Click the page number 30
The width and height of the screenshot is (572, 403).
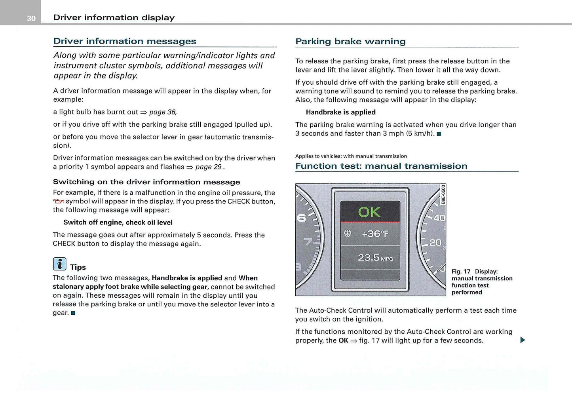click(x=31, y=18)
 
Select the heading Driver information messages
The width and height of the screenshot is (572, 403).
click(x=125, y=41)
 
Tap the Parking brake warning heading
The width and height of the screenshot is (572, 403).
click(x=350, y=42)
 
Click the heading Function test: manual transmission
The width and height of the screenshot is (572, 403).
click(x=381, y=166)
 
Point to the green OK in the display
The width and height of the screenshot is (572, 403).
click(x=369, y=212)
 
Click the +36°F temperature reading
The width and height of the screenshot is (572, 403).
click(x=375, y=234)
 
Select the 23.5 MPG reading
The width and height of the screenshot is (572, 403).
click(x=375, y=258)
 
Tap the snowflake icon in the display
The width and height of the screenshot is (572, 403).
click(x=348, y=234)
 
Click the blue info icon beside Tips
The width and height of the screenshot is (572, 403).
click(x=59, y=264)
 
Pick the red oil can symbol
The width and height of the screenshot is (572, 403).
click(x=59, y=201)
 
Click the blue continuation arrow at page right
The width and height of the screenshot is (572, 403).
click(x=523, y=340)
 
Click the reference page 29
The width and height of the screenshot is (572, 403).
click(x=208, y=167)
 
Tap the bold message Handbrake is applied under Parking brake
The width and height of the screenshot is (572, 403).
click(x=340, y=112)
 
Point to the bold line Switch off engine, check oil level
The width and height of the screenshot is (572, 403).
click(x=118, y=222)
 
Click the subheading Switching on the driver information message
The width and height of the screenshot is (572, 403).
click(x=146, y=182)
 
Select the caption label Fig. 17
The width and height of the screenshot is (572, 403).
click(x=461, y=272)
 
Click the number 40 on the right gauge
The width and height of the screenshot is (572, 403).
click(x=439, y=218)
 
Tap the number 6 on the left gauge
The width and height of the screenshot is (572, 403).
click(x=301, y=218)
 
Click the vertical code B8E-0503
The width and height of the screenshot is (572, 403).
click(x=443, y=194)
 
